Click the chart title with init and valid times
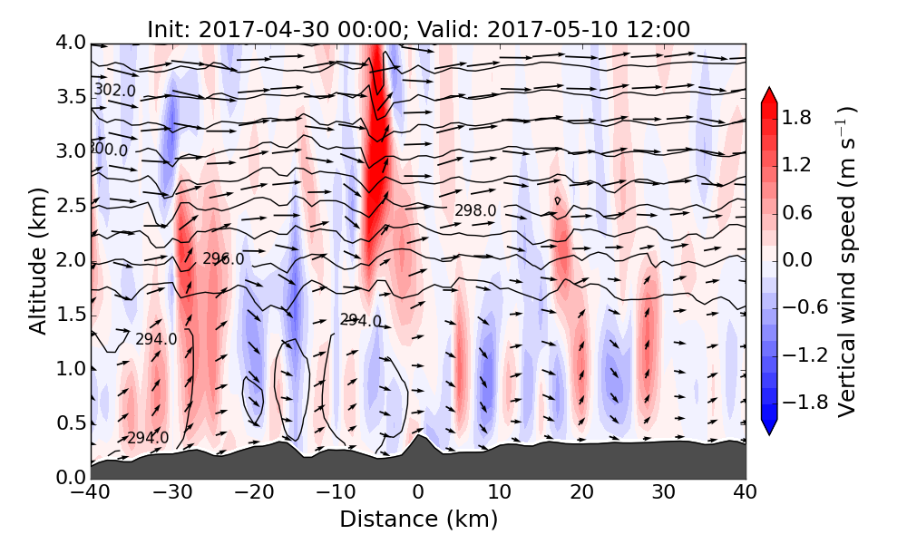tap(418, 29)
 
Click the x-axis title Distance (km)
tap(418, 520)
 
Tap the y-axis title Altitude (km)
tap(37, 261)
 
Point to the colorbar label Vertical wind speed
tap(845, 261)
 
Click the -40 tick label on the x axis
tap(91, 493)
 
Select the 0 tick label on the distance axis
tap(418, 493)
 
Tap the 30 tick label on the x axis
tap(664, 493)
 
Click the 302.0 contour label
tap(115, 91)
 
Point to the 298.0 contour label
tap(475, 210)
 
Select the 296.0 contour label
tap(223, 259)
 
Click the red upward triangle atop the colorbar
tap(769, 96)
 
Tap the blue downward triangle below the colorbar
tap(769, 427)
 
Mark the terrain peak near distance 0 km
tap(419, 436)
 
